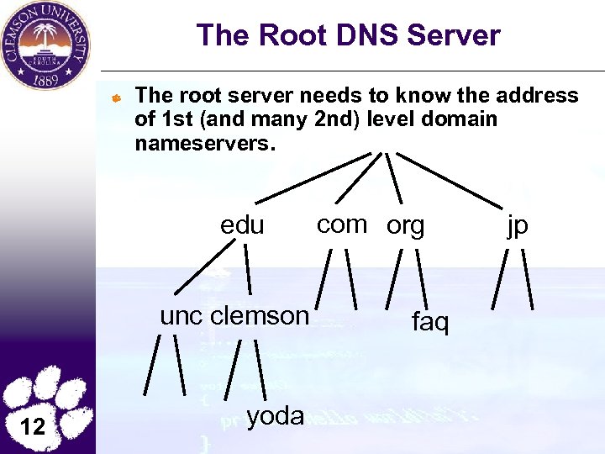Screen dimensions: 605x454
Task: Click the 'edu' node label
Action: (x=242, y=226)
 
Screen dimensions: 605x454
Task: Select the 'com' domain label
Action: (x=342, y=224)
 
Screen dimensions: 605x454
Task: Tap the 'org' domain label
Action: (x=406, y=226)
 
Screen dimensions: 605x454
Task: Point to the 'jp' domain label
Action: (x=518, y=226)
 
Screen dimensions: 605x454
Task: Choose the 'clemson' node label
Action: (x=260, y=316)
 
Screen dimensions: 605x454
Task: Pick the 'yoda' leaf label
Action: (x=276, y=414)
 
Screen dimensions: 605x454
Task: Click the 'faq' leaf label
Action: (x=430, y=321)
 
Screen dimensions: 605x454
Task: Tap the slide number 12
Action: (x=33, y=426)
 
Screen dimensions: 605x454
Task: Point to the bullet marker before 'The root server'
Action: (x=118, y=98)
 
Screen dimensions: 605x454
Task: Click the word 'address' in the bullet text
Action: (x=536, y=96)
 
